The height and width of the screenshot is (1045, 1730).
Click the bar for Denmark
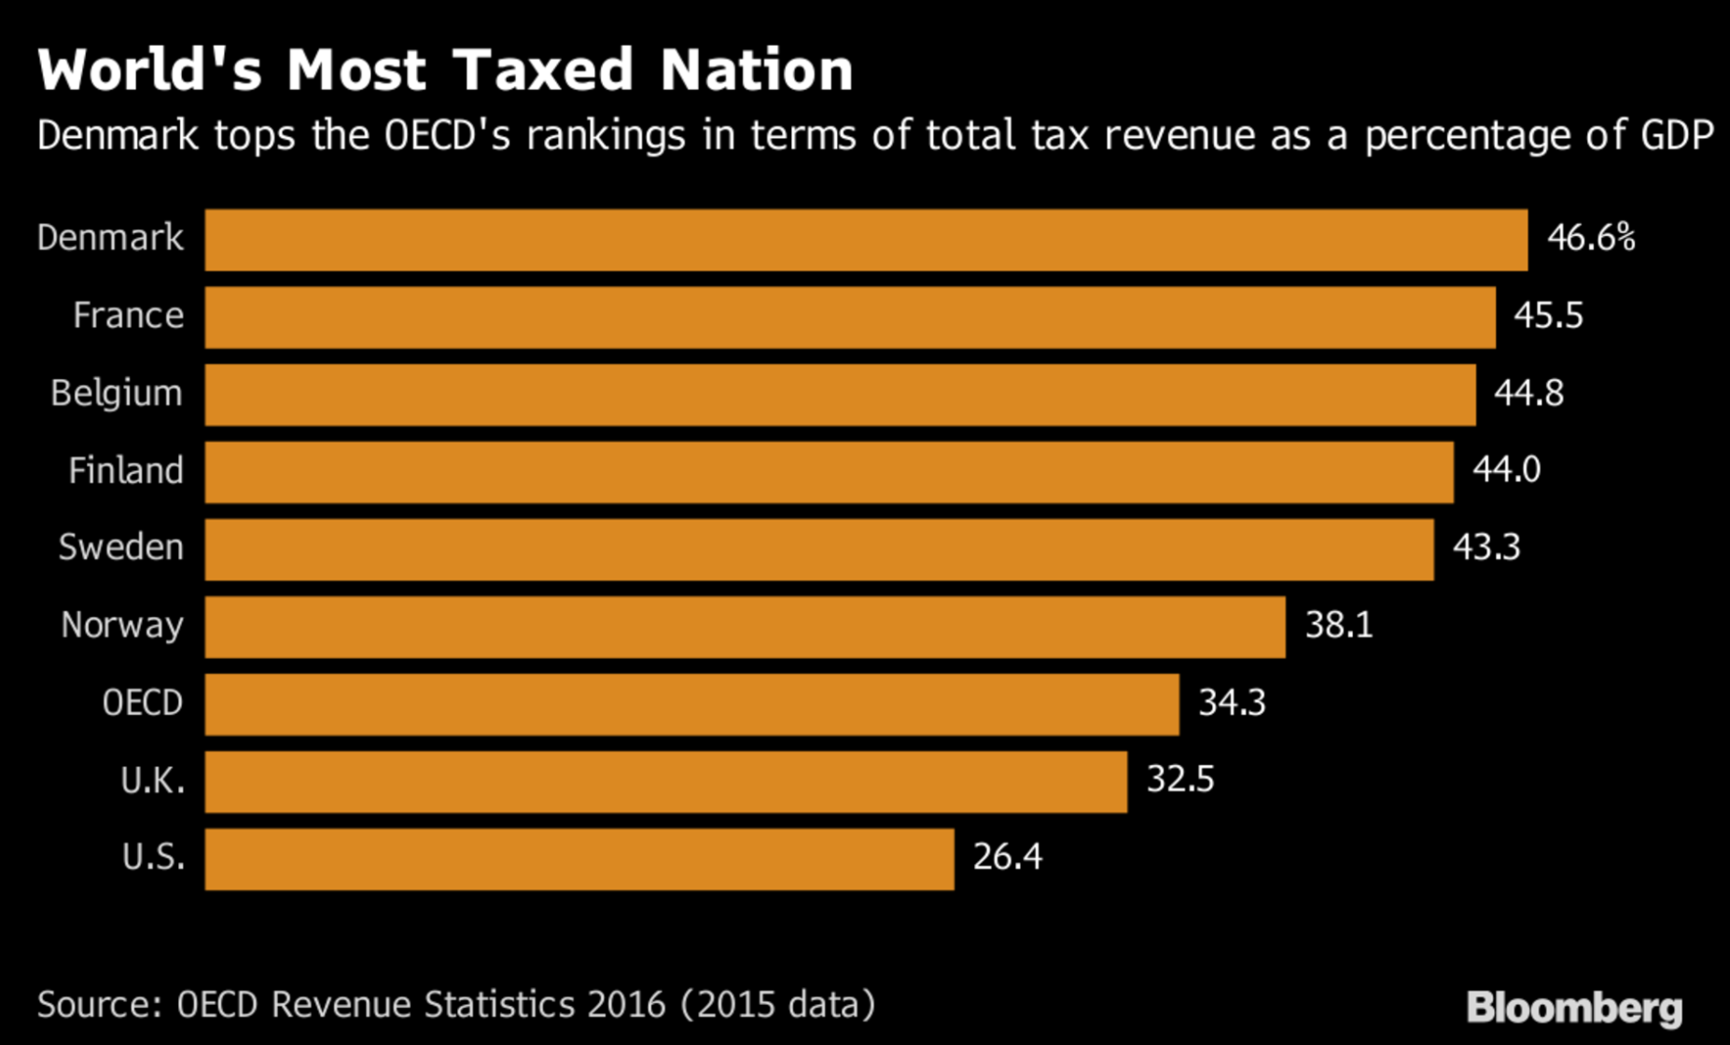[x=866, y=240]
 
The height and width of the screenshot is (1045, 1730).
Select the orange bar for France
[x=850, y=317]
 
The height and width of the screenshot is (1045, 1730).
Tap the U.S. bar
[x=579, y=859]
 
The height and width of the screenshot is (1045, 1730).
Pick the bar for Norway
[x=745, y=627]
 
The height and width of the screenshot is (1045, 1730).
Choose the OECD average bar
[x=691, y=704]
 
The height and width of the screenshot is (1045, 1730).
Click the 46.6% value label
[x=1591, y=239]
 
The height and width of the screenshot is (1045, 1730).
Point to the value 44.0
[x=1506, y=469]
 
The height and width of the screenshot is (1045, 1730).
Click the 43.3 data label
[x=1486, y=548]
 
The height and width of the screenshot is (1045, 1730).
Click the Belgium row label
[x=117, y=394]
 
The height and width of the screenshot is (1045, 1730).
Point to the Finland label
[x=126, y=471]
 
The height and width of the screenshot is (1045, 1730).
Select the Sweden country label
[x=120, y=548]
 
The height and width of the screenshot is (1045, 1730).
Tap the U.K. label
[x=152, y=780]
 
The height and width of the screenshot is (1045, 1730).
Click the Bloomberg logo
[x=1574, y=1008]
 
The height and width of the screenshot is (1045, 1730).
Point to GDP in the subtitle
[x=1677, y=136]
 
